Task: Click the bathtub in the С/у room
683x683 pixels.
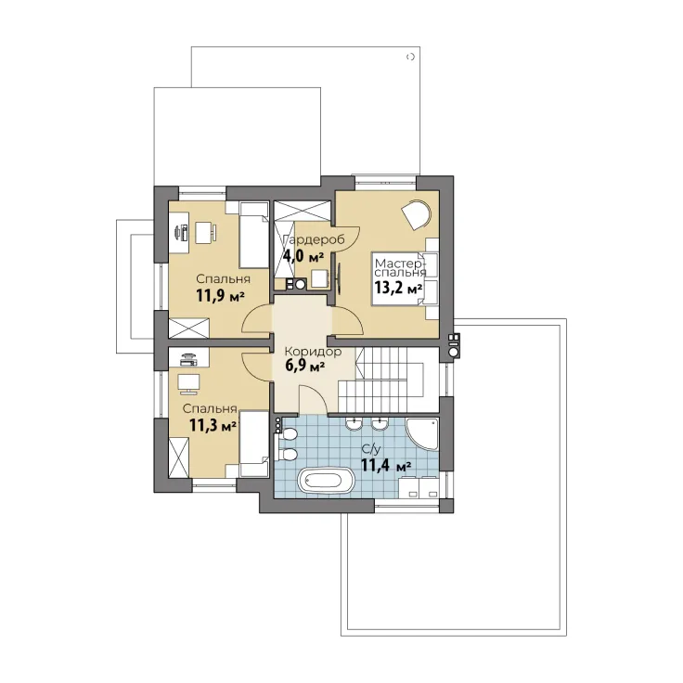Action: pyautogui.click(x=326, y=481)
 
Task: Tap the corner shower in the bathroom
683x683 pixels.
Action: pyautogui.click(x=421, y=434)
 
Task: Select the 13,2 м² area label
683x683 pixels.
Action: pyautogui.click(x=398, y=289)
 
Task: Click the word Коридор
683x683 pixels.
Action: pyautogui.click(x=313, y=352)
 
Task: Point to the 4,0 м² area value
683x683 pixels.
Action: pyautogui.click(x=303, y=256)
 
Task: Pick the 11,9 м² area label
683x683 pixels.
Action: pyautogui.click(x=220, y=296)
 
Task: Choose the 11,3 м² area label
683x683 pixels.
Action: pyautogui.click(x=213, y=425)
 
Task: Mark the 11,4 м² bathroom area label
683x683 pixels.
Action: pyautogui.click(x=386, y=465)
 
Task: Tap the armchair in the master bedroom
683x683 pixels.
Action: pyautogui.click(x=417, y=214)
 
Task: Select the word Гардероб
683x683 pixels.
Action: pyautogui.click(x=314, y=239)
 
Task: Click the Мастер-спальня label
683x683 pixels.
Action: pyautogui.click(x=400, y=268)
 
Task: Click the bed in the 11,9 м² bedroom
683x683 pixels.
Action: pyautogui.click(x=253, y=235)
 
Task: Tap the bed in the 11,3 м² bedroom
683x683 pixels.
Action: pyautogui.click(x=253, y=444)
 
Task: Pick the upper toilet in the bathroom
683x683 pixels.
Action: pyautogui.click(x=288, y=434)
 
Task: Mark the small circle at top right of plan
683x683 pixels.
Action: pyautogui.click(x=410, y=57)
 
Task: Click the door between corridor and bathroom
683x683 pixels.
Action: pyautogui.click(x=313, y=399)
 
